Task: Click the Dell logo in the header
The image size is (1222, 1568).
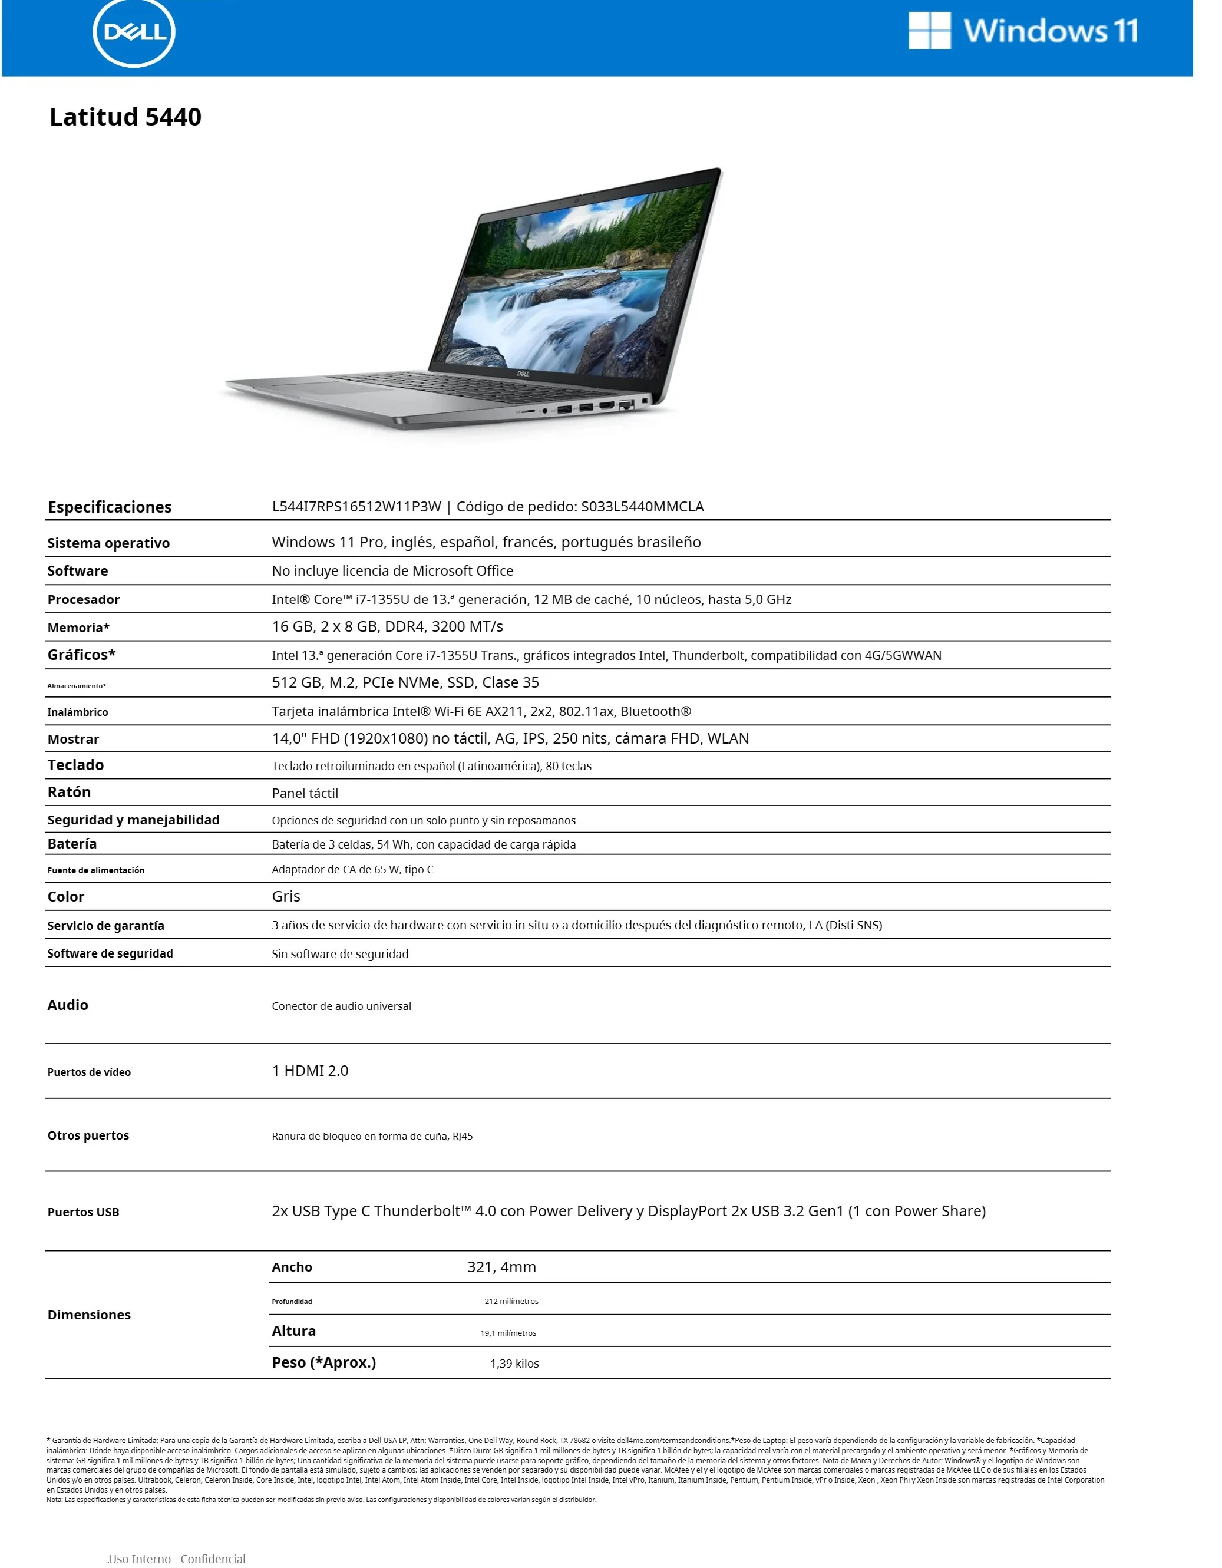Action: pyautogui.click(x=134, y=32)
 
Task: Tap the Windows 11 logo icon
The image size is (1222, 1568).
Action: pyautogui.click(x=929, y=30)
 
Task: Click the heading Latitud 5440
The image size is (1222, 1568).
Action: pyautogui.click(x=125, y=117)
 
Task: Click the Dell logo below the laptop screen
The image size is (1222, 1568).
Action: pyautogui.click(x=523, y=374)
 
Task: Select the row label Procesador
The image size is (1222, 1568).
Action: pyautogui.click(x=83, y=599)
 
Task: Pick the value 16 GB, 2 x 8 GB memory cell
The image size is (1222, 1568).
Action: pyautogui.click(x=387, y=627)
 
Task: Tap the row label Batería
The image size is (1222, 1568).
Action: pyautogui.click(x=72, y=844)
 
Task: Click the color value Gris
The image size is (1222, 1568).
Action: pyautogui.click(x=286, y=896)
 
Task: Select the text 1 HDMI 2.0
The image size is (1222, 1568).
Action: pyautogui.click(x=309, y=1071)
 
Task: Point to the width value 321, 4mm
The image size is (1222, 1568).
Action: pyautogui.click(x=501, y=1267)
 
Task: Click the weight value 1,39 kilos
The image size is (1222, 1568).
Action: pyautogui.click(x=514, y=1364)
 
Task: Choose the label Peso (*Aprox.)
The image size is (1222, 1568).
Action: pyautogui.click(x=324, y=1363)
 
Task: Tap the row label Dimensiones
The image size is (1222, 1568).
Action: pyautogui.click(x=89, y=1315)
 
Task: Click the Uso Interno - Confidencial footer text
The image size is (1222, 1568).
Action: pyautogui.click(x=176, y=1559)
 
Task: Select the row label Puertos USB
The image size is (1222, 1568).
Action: pyautogui.click(x=83, y=1212)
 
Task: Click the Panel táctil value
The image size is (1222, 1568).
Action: pyautogui.click(x=305, y=793)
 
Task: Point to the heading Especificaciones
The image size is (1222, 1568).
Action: pyautogui.click(x=110, y=507)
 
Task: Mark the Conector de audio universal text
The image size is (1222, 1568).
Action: pyautogui.click(x=341, y=1006)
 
